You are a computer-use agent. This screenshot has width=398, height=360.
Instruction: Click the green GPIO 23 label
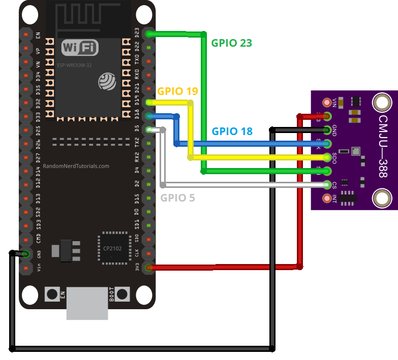pos(232,43)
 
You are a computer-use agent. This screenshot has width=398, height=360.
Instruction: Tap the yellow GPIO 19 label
pos(177,91)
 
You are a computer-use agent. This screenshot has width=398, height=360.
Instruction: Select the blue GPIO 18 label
pos(232,131)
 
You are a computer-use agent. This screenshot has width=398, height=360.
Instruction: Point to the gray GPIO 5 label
pos(177,198)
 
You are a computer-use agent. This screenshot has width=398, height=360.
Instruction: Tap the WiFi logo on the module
pos(80,48)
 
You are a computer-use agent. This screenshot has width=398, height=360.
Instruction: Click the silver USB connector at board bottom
pos(87,303)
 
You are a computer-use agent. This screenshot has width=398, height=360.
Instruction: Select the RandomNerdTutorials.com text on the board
pos(76,166)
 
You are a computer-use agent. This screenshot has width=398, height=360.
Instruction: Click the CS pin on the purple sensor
pos(326,184)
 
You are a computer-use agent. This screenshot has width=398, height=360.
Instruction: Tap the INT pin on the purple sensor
pos(326,198)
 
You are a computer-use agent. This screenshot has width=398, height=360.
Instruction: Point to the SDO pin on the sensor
pos(326,157)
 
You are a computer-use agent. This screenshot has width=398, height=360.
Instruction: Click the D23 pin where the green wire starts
pos(148,34)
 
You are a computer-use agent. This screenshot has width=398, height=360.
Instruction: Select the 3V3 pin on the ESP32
pos(148,267)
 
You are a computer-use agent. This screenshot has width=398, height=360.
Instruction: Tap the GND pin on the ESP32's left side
pos(25,254)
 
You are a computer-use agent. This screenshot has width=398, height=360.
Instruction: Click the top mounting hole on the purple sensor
pos(381,103)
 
